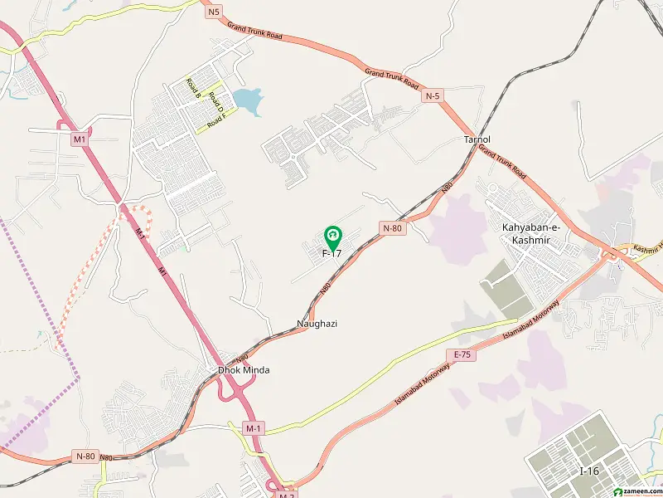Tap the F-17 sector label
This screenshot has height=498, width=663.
[x=332, y=253]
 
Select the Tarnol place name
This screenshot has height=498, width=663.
[x=477, y=139]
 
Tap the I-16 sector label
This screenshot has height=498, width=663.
[x=589, y=471]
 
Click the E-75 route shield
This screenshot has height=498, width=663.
[x=462, y=354]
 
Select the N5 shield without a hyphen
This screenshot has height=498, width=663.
[x=215, y=11]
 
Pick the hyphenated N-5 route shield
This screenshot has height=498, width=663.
[x=431, y=96]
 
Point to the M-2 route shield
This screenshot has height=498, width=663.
[x=287, y=495]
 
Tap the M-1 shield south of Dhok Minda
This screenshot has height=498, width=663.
[x=254, y=427]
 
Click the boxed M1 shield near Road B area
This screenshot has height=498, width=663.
[x=80, y=139]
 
